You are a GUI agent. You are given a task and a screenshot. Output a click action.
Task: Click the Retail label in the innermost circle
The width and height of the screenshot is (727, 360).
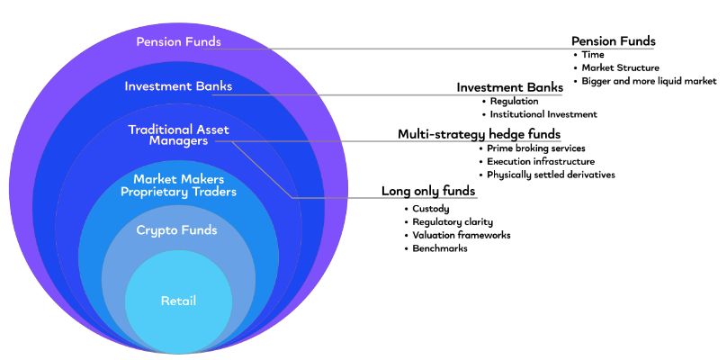coord(178,301)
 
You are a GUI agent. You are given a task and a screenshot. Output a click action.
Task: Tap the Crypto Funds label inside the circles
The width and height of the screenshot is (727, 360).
coord(176,230)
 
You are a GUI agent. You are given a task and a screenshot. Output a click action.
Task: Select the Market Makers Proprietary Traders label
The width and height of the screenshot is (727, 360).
coord(178,185)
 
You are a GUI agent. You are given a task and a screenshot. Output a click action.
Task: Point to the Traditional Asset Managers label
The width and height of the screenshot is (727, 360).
coord(178,135)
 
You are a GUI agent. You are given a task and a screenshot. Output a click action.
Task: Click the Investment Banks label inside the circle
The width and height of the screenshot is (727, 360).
coord(178,86)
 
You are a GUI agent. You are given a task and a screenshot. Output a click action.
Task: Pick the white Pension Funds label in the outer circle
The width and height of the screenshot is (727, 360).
coord(178,41)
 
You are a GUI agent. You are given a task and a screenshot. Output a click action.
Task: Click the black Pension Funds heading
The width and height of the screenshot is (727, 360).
coord(614,41)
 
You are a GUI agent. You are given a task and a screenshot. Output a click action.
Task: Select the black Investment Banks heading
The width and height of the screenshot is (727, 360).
coord(510,87)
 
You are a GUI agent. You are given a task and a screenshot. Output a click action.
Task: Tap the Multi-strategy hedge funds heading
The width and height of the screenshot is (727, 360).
coord(480,134)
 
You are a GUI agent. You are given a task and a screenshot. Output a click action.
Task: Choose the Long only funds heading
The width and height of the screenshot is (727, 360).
coord(429,191)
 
